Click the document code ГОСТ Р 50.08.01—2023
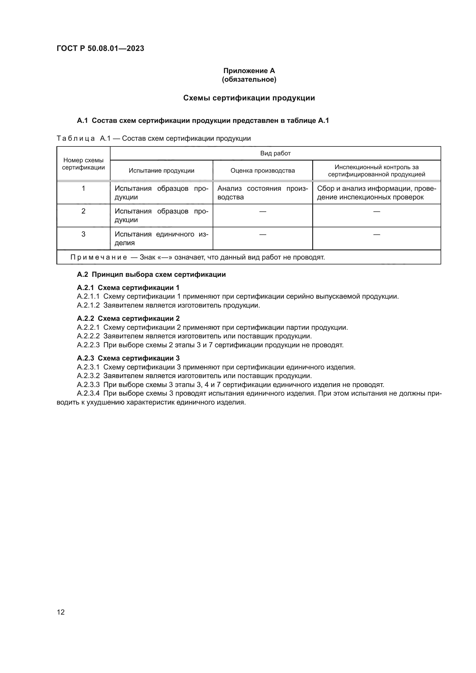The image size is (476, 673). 100,48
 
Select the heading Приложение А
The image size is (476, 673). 249,71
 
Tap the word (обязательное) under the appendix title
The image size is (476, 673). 249,79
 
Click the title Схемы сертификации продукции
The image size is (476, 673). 249,98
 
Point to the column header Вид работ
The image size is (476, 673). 275,153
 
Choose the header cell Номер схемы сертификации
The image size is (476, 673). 83,164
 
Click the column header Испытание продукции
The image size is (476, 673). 161,171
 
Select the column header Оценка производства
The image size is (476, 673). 263,171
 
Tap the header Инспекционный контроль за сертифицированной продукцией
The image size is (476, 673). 376,171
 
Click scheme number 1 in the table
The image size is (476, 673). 83,188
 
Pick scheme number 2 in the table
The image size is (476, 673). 83,211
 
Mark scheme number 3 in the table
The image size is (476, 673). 83,234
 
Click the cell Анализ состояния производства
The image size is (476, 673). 262,193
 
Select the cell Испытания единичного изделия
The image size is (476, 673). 161,238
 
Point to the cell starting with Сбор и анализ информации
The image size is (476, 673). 376,193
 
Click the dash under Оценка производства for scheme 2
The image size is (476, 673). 263,211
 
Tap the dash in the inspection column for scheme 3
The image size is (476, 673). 377,234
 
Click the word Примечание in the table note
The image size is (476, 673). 99,257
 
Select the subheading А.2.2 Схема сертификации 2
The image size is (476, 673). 128,318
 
